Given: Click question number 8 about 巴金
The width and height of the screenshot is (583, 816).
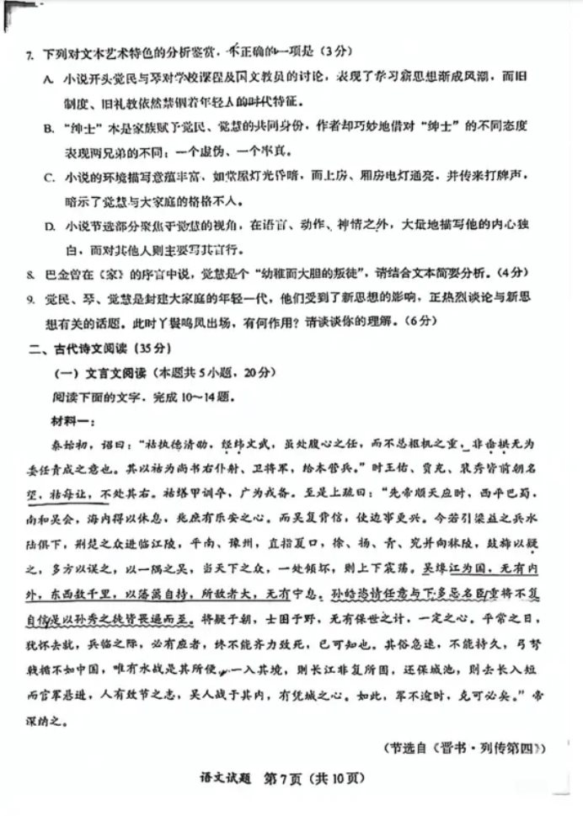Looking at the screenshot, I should click(29, 274).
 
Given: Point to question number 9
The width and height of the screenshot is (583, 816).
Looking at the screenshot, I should click(29, 298).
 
